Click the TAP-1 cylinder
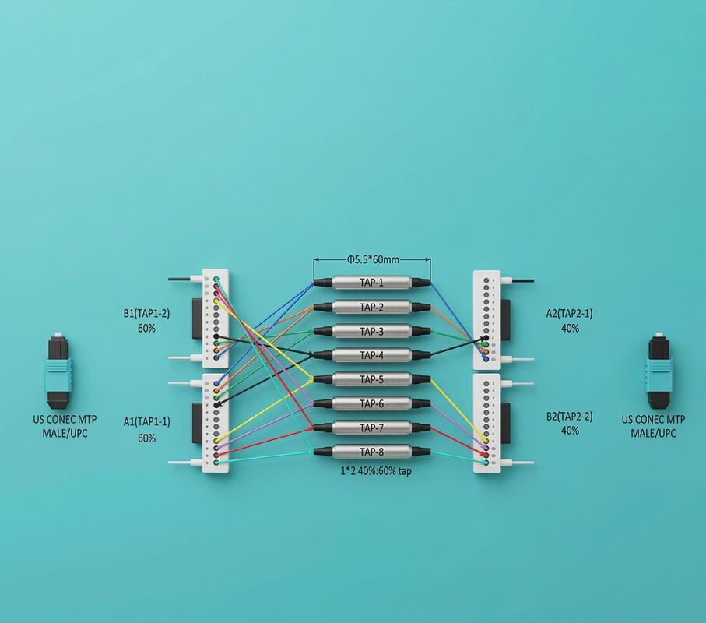[x=372, y=283]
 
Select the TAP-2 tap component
[x=372, y=308]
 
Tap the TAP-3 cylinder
[x=372, y=332]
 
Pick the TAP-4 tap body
[x=372, y=355]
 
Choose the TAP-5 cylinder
[x=372, y=380]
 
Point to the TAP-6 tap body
[x=372, y=403]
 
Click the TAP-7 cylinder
[x=372, y=428]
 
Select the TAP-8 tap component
[x=372, y=452]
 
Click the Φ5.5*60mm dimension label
[x=372, y=259]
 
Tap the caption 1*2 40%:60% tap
[x=375, y=471]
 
